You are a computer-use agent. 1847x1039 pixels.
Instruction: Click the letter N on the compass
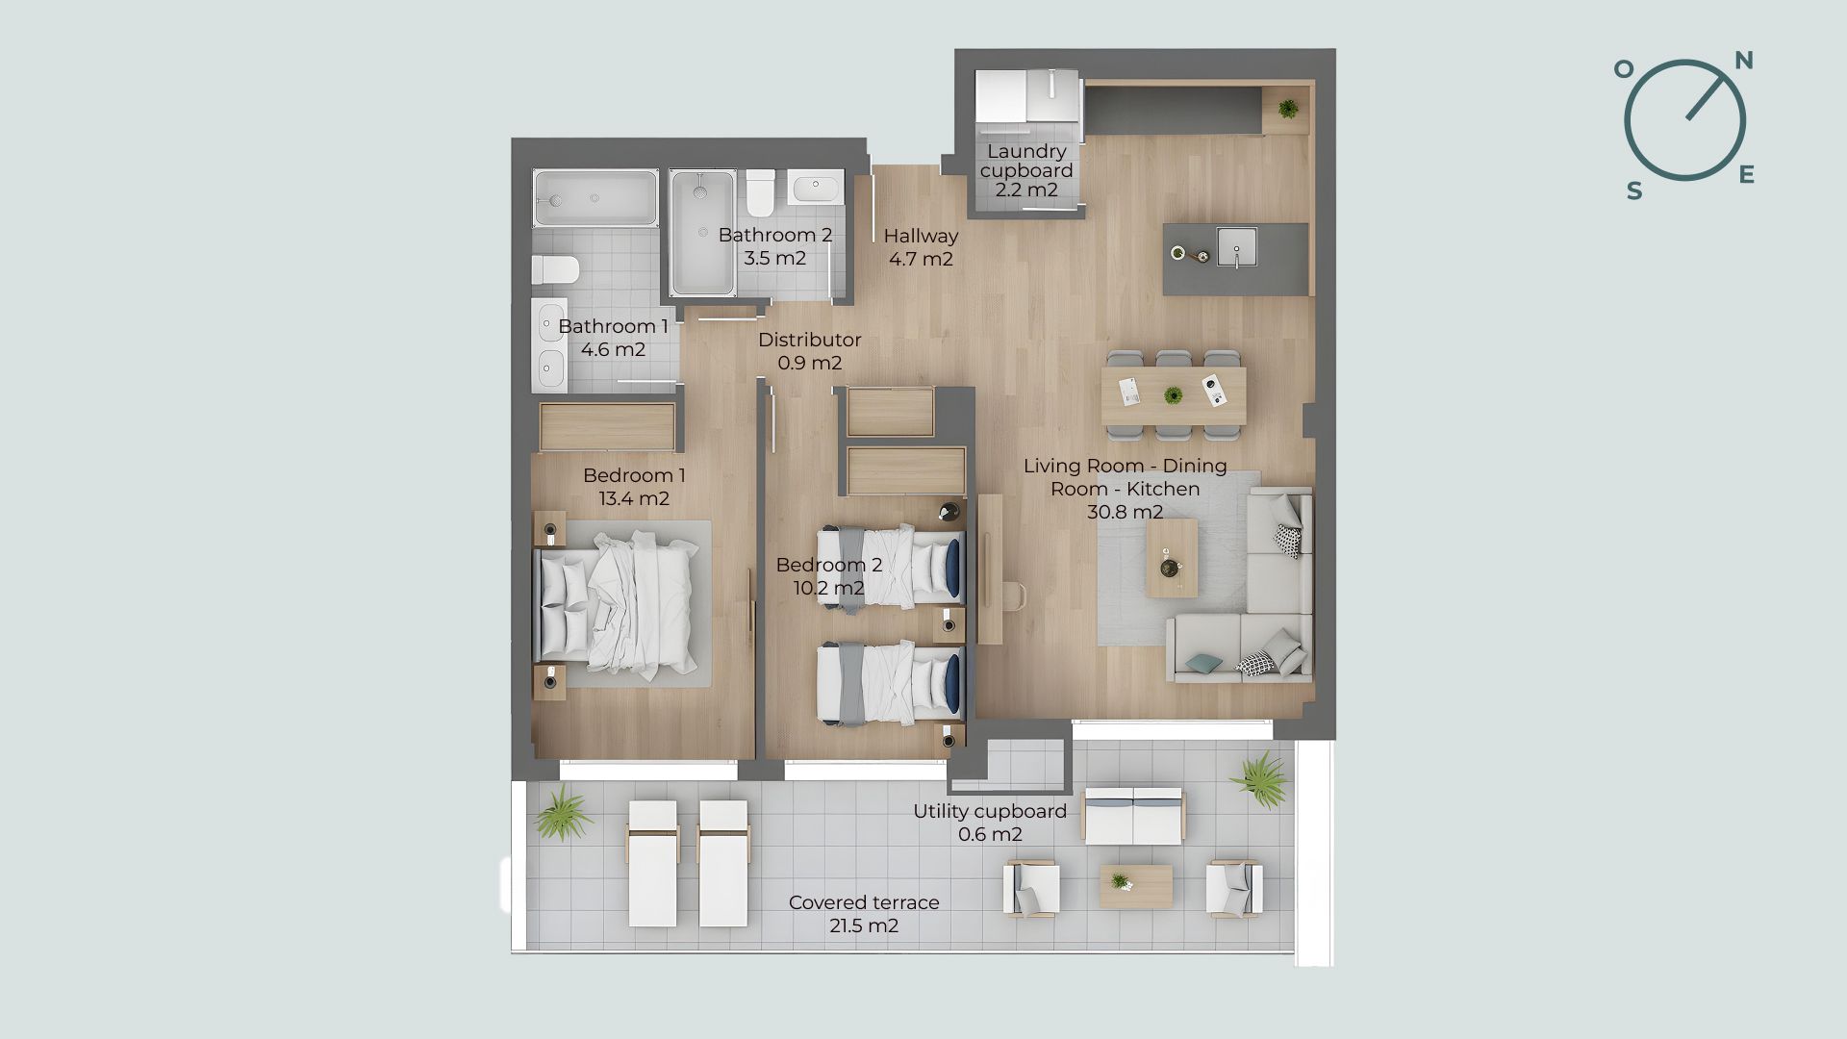1743,62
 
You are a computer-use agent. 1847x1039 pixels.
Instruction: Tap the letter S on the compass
1634,191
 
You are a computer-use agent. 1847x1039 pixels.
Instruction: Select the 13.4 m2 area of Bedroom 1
634,498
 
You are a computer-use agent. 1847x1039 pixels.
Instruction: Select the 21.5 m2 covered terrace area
864,925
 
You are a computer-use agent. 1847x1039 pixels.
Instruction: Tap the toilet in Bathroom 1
555,269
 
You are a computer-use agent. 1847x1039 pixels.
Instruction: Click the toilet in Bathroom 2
760,192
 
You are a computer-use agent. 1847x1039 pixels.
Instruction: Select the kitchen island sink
1236,246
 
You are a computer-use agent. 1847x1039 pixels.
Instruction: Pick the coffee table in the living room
1172,558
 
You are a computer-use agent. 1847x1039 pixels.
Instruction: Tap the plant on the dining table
1173,395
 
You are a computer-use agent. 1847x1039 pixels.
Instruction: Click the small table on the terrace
1136,886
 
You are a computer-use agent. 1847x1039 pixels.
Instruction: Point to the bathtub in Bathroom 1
595,198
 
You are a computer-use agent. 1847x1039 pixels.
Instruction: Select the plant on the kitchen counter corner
1288,108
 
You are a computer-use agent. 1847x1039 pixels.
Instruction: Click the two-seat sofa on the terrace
1133,816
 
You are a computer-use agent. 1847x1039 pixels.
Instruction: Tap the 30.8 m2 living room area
1125,512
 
